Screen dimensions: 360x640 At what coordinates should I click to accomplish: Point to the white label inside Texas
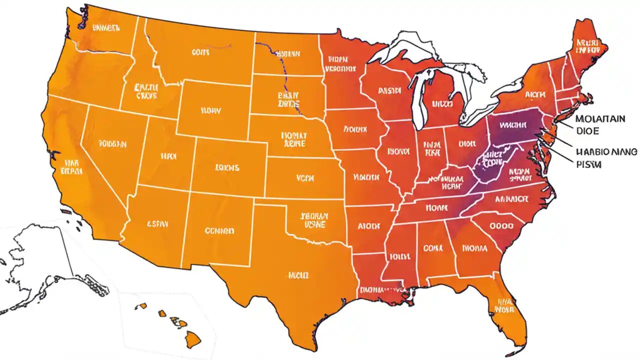(x=298, y=275)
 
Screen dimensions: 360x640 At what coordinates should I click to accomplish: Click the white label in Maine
(x=587, y=46)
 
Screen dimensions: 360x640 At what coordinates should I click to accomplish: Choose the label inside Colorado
(x=227, y=167)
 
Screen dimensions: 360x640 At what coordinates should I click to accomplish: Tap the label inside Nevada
(x=112, y=144)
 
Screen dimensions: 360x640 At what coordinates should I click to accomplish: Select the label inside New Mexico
(x=219, y=231)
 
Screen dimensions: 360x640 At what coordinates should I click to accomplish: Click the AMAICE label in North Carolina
(x=511, y=198)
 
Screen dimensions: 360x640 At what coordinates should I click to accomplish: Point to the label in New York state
(x=534, y=93)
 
